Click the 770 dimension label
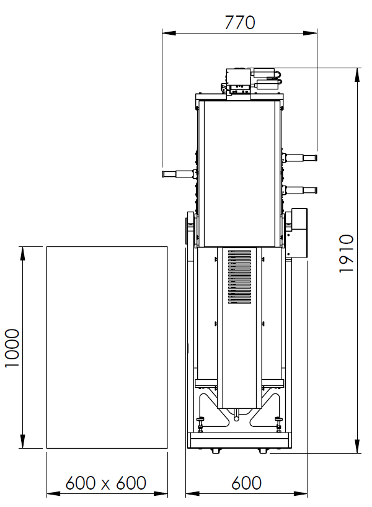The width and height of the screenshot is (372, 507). pos(239,22)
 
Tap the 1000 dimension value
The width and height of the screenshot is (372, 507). pos(13,348)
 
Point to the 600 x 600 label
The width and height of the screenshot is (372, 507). pos(106,482)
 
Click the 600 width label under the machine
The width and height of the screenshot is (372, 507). pos(246,482)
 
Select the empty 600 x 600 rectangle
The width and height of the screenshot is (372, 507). pos(107,348)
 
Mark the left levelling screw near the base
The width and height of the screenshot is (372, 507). pos(201,425)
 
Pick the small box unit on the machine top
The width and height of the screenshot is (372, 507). pos(238,80)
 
